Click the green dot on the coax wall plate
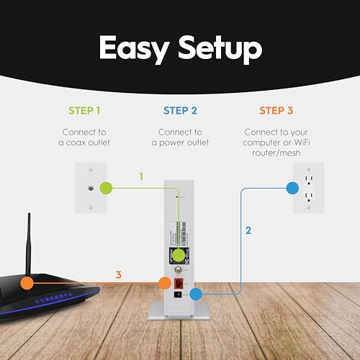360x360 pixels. [x=107, y=189]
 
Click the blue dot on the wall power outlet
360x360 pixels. [x=292, y=189]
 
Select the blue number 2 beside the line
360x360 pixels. [x=248, y=231]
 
